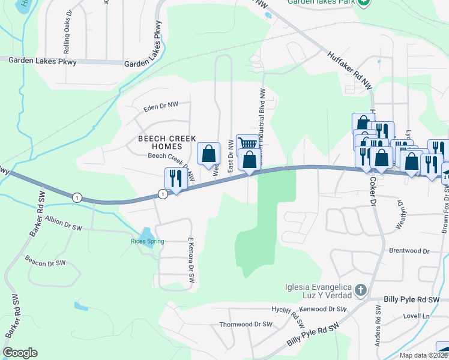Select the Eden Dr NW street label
161,106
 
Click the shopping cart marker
247,144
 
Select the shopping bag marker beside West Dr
208,154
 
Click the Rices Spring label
148,242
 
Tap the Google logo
20,353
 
